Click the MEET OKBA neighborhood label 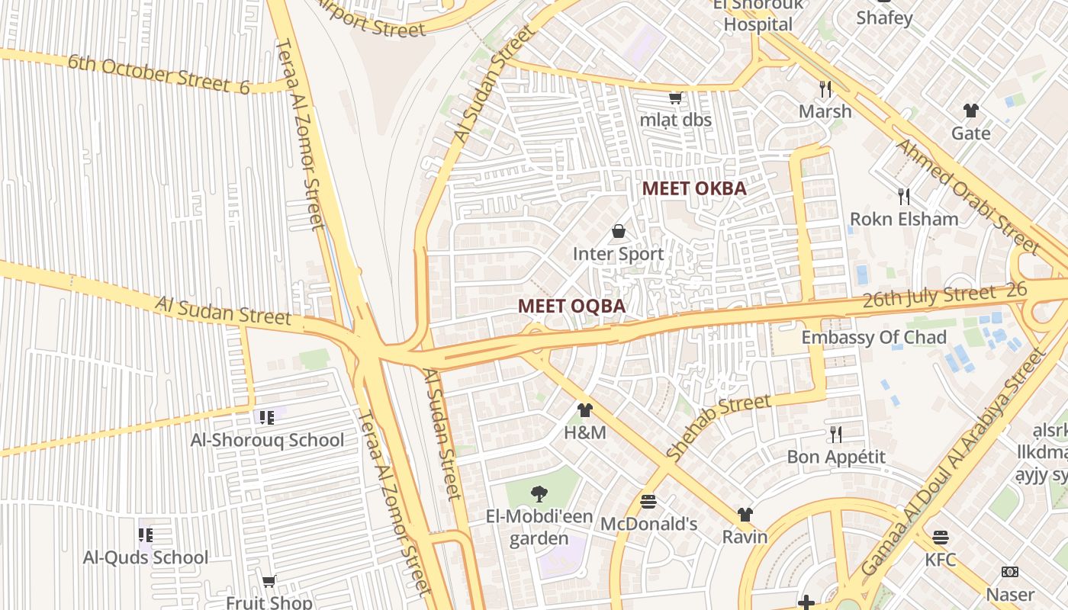click(693, 188)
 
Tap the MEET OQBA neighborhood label click(571, 306)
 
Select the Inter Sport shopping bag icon click(619, 231)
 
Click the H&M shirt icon click(585, 410)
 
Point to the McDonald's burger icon click(648, 502)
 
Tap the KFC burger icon click(941, 537)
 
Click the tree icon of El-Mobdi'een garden click(539, 493)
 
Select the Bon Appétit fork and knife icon click(836, 435)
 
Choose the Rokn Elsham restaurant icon click(904, 197)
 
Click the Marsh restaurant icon click(825, 88)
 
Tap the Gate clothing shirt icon click(970, 111)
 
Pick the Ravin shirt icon click(745, 515)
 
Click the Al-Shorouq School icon click(267, 417)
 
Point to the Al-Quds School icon click(145, 535)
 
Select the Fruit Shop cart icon click(269, 582)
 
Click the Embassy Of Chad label click(873, 337)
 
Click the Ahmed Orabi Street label click(968, 196)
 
